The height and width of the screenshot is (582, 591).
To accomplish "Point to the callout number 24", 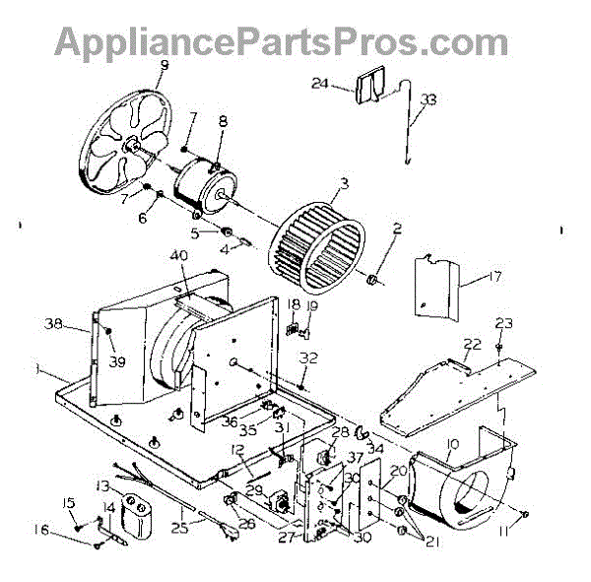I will (346, 85).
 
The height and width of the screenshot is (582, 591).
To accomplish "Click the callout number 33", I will (427, 99).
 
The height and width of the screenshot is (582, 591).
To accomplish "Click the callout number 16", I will (68, 530).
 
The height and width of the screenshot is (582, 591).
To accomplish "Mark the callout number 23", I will (504, 323).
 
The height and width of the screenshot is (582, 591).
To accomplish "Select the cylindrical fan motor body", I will (202, 188).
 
